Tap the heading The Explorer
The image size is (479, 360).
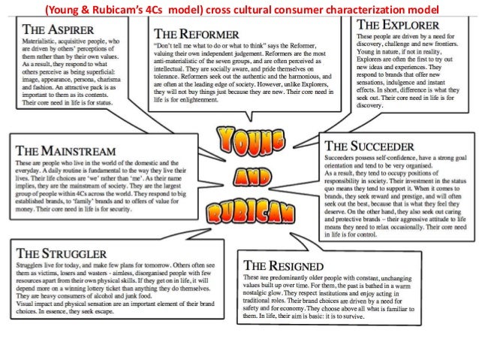pos(397,24)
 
